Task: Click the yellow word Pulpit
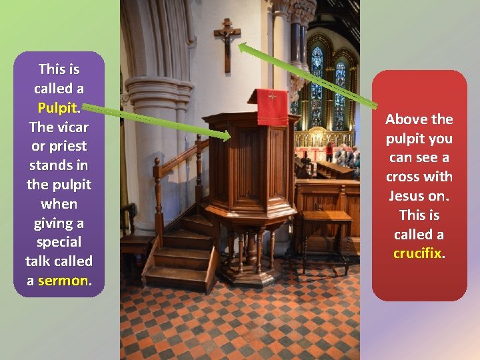58,107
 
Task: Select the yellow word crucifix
418,253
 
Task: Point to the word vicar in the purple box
73,127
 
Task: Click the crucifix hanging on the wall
227,42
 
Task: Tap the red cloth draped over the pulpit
272,106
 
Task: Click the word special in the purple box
59,241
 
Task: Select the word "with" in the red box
438,177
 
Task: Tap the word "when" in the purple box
59,203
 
